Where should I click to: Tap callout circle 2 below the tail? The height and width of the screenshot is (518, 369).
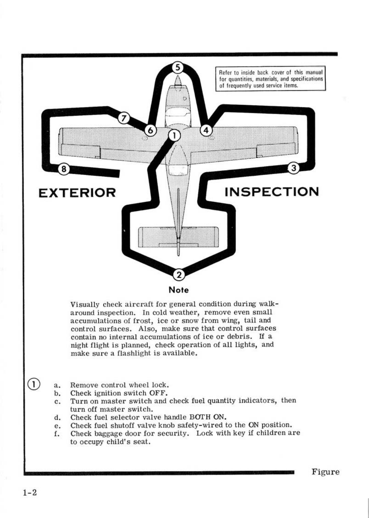click(x=179, y=275)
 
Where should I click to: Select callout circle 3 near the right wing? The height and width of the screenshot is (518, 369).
click(x=294, y=168)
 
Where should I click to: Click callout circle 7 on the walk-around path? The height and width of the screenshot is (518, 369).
click(x=124, y=118)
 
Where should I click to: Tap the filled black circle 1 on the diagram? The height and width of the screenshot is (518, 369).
click(x=174, y=135)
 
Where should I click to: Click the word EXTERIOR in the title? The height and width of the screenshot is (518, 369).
click(x=77, y=193)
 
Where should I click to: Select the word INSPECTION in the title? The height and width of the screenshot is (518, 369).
click(x=271, y=192)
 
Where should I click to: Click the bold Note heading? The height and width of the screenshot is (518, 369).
click(x=179, y=290)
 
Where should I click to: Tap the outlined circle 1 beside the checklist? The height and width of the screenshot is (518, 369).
click(x=34, y=384)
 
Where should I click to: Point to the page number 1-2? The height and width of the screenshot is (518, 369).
click(x=30, y=493)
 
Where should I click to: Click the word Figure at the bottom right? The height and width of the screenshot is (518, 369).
click(x=325, y=472)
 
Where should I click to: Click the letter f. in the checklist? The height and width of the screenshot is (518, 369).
click(x=57, y=434)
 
